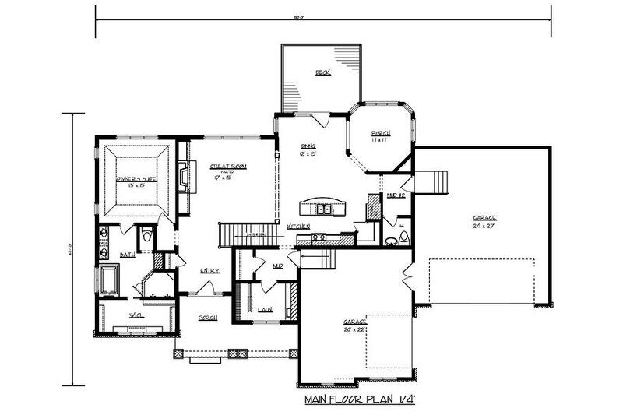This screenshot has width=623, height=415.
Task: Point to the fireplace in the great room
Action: (182, 176)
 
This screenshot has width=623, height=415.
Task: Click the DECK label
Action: (322, 72)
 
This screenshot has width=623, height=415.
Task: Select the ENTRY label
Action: (209, 271)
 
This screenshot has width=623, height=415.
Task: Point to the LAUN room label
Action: (264, 310)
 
